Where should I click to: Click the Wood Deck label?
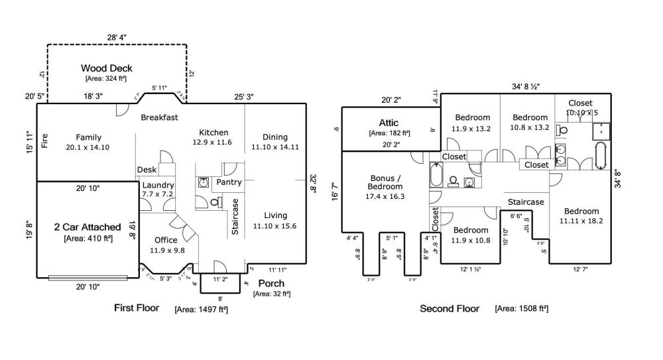pyautogui.click(x=107, y=68)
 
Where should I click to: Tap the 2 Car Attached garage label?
pyautogui.click(x=88, y=227)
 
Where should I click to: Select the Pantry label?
pyautogui.click(x=229, y=182)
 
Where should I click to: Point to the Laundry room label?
pyautogui.click(x=158, y=185)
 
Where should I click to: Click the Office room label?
pyautogui.click(x=166, y=240)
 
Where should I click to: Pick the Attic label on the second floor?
pyautogui.click(x=389, y=123)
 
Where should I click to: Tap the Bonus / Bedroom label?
pyautogui.click(x=385, y=182)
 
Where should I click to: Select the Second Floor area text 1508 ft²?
pyautogui.click(x=521, y=309)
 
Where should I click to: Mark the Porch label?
pyautogui.click(x=272, y=284)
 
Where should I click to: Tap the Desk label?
pyautogui.click(x=147, y=170)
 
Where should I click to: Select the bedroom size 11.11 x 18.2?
pyautogui.click(x=581, y=221)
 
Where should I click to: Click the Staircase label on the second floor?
pyautogui.click(x=526, y=202)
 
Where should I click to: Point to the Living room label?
pyautogui.click(x=275, y=215)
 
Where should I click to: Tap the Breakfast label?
pyautogui.click(x=159, y=117)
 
